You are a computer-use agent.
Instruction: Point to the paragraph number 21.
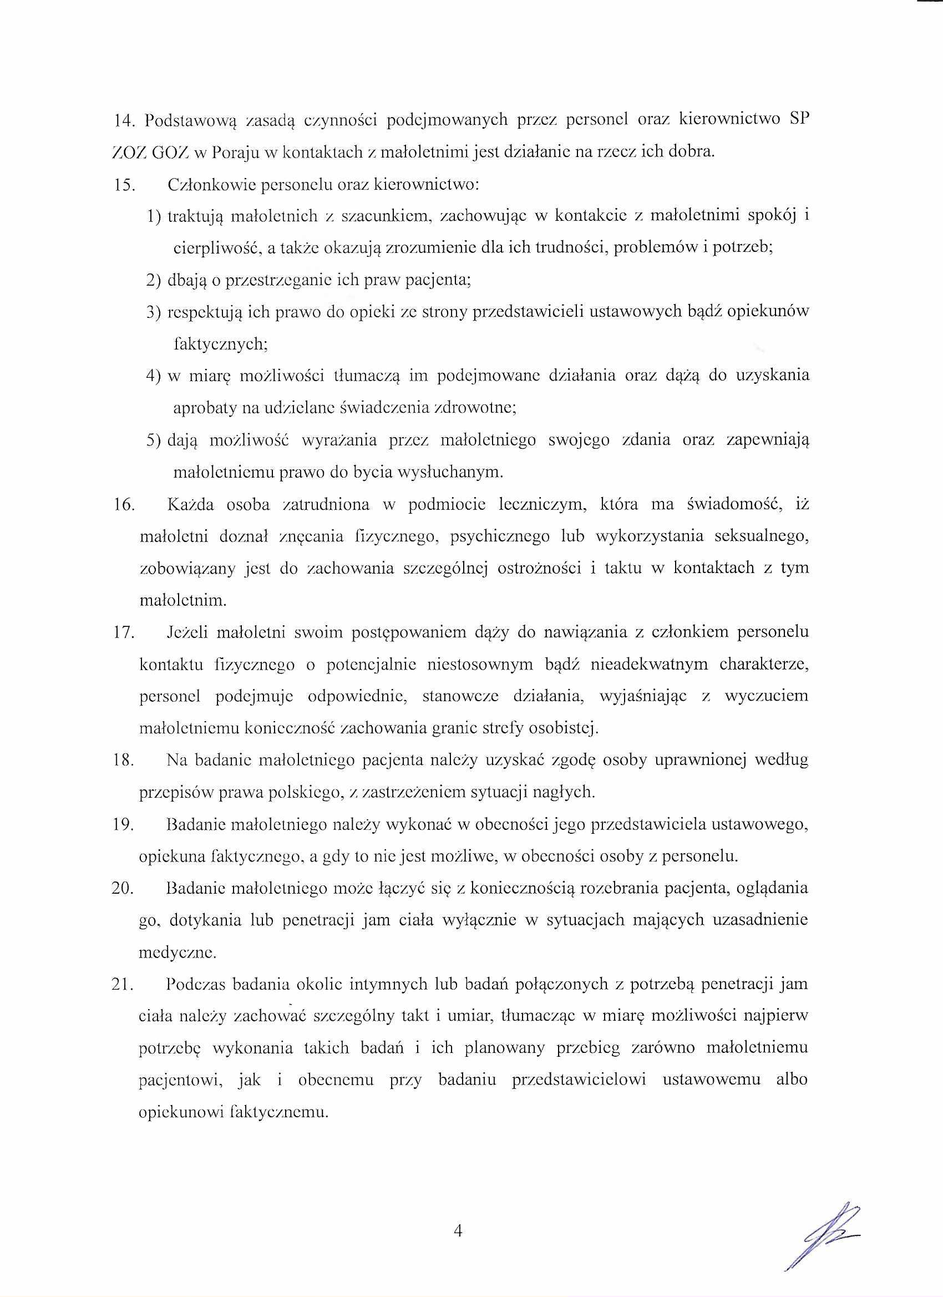click(x=124, y=985)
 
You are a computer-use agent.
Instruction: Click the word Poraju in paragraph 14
click(x=233, y=153)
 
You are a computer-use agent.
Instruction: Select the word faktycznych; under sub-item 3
click(x=220, y=344)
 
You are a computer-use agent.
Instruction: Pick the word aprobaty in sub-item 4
click(x=203, y=408)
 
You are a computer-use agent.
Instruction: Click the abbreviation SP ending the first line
click(x=798, y=120)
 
